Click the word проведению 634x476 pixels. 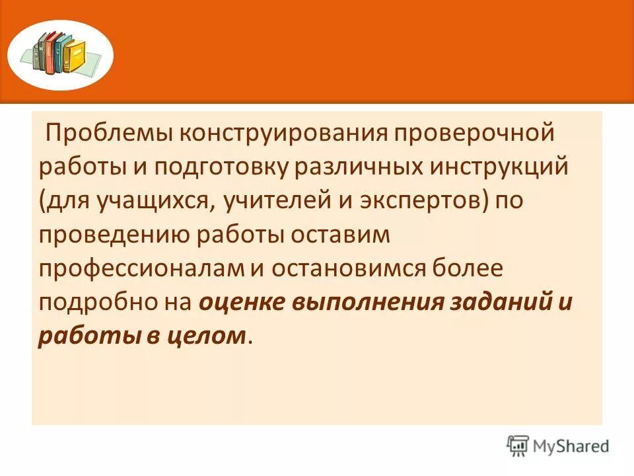pos(104,235)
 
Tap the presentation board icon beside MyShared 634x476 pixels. pos(518,446)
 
